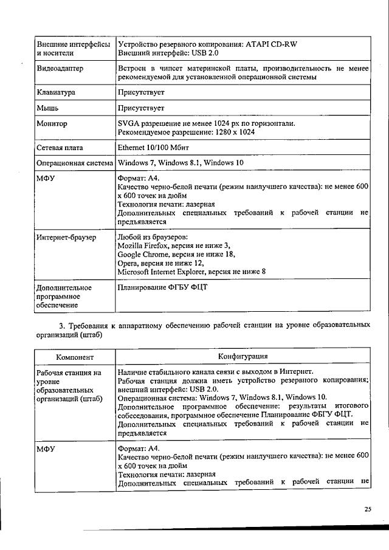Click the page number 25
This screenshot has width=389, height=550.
368,509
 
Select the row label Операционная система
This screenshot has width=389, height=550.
75,163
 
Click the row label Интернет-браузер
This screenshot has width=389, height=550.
66,237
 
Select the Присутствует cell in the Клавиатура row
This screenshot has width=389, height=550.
141,92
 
